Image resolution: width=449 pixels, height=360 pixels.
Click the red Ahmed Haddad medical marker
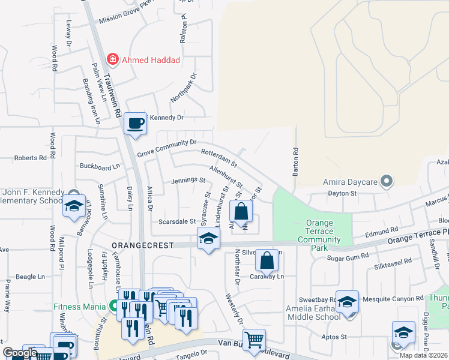112,59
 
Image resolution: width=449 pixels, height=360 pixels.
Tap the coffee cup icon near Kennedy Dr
135,123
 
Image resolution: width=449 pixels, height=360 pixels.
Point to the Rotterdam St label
219,158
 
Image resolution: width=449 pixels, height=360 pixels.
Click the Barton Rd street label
295,162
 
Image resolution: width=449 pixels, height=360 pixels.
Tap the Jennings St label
188,180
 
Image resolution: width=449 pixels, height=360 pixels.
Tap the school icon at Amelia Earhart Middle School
347,302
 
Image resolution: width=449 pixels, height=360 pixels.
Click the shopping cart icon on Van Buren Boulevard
255,340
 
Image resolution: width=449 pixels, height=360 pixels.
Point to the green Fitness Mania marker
113,306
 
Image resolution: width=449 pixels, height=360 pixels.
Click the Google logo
20,353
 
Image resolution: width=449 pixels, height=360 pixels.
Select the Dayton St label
342,193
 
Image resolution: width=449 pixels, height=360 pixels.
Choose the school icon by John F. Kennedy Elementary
74,206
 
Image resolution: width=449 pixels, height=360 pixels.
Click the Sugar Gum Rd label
346,258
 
